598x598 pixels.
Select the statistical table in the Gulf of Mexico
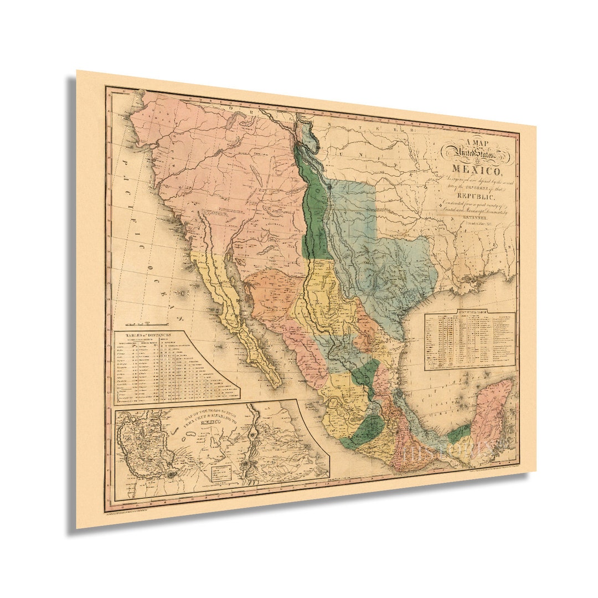click(x=470, y=341)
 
